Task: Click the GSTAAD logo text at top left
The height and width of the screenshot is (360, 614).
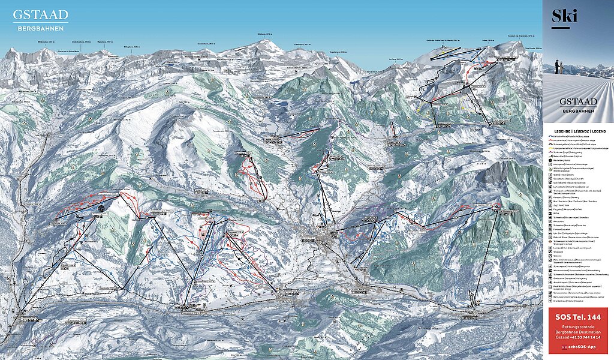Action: (x=41, y=14)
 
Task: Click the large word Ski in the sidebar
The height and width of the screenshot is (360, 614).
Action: (x=564, y=16)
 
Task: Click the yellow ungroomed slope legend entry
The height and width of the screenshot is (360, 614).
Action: (x=576, y=148)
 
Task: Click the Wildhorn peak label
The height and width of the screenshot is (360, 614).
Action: (x=264, y=34)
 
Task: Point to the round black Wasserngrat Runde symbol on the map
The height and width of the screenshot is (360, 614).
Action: (x=101, y=208)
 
